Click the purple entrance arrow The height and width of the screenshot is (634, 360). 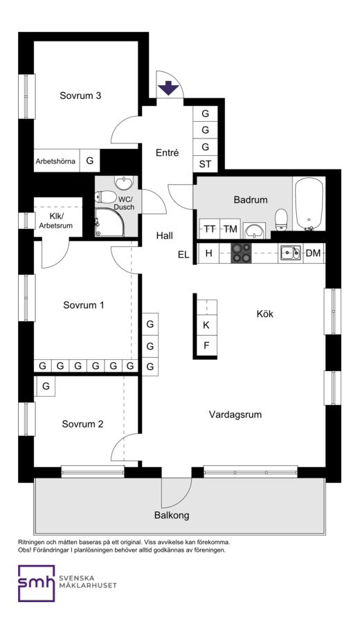pyautogui.click(x=168, y=88)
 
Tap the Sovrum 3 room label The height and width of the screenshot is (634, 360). pyautogui.click(x=80, y=96)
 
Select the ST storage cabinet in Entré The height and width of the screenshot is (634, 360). pyautogui.click(x=205, y=164)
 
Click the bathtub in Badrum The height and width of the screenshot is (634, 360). pyautogui.click(x=309, y=203)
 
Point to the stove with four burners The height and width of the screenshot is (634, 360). pyautogui.click(x=241, y=253)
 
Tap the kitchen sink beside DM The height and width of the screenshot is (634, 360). pyautogui.click(x=291, y=253)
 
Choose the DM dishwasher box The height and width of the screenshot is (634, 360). pyautogui.click(x=314, y=253)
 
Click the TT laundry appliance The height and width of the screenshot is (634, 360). pyautogui.click(x=210, y=229)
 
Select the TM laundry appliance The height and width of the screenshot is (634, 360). pyautogui.click(x=230, y=229)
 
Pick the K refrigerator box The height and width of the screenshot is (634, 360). pyautogui.click(x=206, y=325)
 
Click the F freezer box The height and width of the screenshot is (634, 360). pyautogui.click(x=206, y=346)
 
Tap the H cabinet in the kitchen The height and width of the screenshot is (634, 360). pyautogui.click(x=208, y=253)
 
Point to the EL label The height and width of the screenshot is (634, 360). pyautogui.click(x=183, y=255)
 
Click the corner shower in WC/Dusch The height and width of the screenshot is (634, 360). pyautogui.click(x=109, y=222)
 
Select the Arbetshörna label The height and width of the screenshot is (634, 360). pyautogui.click(x=55, y=161)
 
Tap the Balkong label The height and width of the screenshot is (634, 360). pyautogui.click(x=172, y=516)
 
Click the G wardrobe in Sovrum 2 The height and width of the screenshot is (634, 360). pyautogui.click(x=46, y=386)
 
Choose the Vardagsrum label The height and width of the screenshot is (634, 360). pyautogui.click(x=235, y=415)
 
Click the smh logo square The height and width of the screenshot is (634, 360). pyautogui.click(x=37, y=583)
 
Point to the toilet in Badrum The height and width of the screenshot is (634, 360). pyautogui.click(x=281, y=219)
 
